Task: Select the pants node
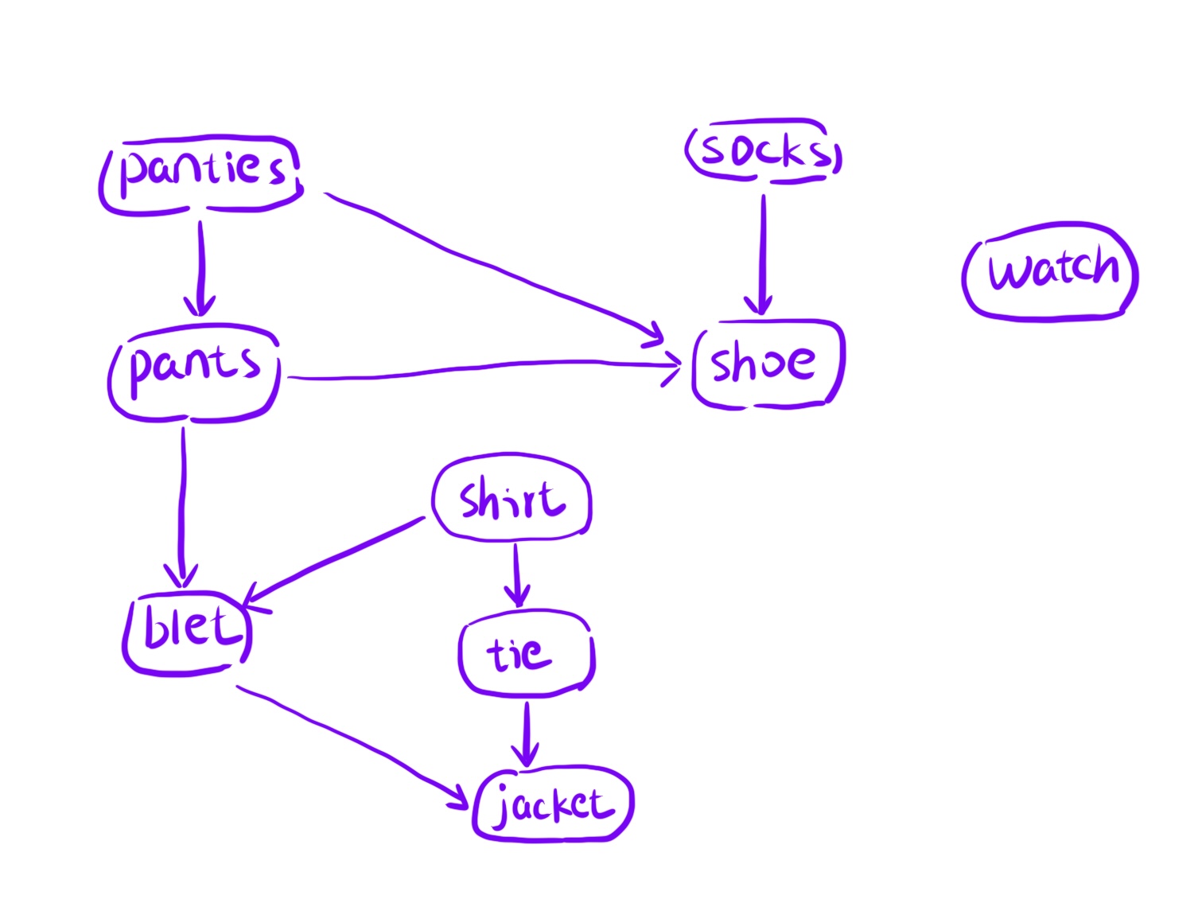(194, 371)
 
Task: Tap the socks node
(764, 150)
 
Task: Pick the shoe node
(767, 364)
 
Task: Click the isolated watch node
(1051, 271)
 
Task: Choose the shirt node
(512, 499)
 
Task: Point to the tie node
(526, 653)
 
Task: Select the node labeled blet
(188, 633)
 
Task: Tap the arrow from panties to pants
(200, 267)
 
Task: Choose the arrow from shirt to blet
(334, 558)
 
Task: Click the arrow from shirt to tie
(517, 573)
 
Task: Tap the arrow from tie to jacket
(526, 732)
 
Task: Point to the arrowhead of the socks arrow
(762, 307)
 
